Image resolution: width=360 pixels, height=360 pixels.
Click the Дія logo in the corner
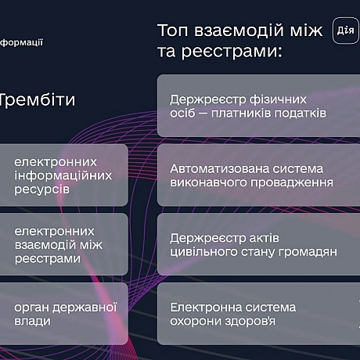point(346,30)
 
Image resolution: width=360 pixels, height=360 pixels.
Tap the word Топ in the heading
point(173,31)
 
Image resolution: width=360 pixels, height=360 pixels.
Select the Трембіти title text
point(38,100)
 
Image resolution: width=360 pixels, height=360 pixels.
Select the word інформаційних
point(63,175)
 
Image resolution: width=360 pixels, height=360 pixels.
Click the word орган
point(32,307)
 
